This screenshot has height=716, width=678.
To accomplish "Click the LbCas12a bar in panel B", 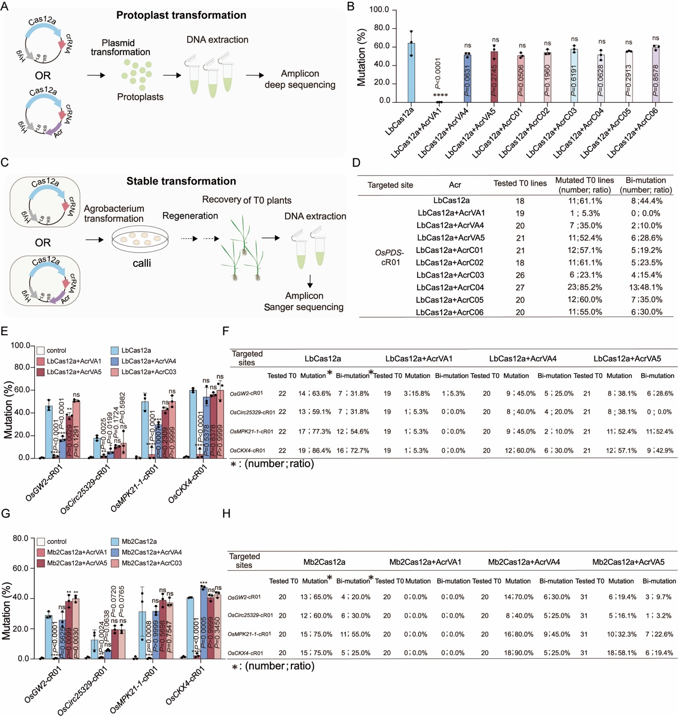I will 411,72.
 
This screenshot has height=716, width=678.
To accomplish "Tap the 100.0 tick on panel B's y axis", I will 379,10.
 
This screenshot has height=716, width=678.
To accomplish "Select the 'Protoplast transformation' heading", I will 181,15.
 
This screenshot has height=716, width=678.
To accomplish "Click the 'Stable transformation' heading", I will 181,181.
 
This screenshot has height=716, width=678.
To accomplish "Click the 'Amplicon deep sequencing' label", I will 300,79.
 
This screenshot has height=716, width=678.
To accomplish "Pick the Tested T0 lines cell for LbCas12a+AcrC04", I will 520,287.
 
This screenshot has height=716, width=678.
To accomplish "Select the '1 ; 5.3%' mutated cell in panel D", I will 584,213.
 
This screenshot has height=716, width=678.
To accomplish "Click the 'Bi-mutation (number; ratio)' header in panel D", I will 645,185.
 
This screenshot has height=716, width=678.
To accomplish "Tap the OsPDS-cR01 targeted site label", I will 390,257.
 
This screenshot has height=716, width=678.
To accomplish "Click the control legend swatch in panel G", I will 41,542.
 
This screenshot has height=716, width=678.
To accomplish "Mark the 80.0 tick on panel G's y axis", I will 20,538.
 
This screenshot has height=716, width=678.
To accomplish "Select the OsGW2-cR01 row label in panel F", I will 246,394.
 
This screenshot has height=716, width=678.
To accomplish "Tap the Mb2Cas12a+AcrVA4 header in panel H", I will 523,562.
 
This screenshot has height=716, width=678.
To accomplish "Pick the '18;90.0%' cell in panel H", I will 517,653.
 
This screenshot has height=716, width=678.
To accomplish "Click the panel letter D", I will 356,163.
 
